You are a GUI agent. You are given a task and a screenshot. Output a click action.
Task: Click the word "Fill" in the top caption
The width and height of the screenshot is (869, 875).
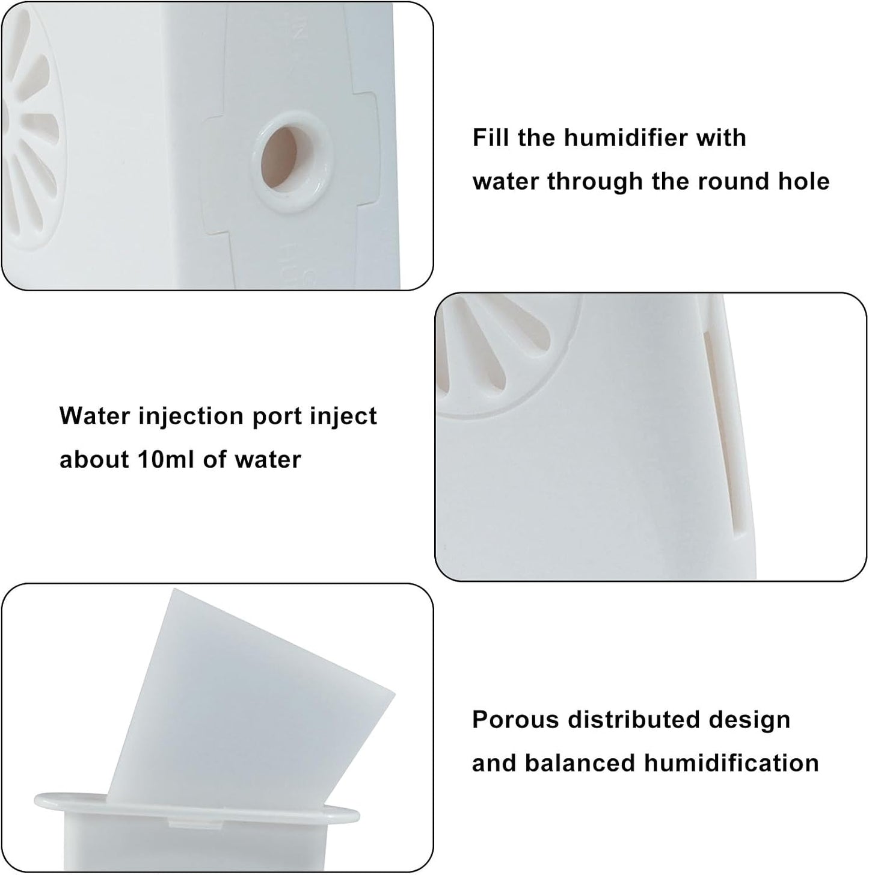[491, 138]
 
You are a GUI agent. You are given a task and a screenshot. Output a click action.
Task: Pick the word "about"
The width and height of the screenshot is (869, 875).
[93, 460]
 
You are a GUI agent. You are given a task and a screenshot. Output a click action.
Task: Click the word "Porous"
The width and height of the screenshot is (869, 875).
[515, 720]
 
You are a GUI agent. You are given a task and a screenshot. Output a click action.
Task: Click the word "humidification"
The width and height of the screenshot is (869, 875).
[731, 763]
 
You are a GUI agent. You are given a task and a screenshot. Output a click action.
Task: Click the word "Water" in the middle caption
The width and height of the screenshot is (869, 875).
[94, 416]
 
